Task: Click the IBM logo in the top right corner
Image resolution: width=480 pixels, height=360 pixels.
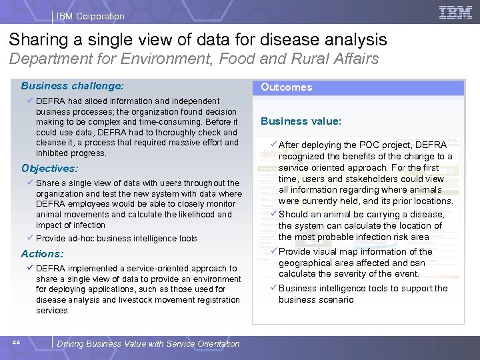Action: click(456, 13)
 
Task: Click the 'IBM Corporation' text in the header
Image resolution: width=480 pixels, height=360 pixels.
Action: click(91, 16)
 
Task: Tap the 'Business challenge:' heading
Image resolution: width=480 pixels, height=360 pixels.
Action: click(72, 86)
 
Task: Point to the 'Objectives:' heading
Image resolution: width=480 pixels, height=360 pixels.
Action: click(49, 169)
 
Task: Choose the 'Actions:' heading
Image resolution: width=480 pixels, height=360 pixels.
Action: click(42, 254)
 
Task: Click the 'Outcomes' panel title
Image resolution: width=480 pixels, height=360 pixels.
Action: click(286, 87)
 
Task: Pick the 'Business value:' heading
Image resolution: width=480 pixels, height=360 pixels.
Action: click(301, 121)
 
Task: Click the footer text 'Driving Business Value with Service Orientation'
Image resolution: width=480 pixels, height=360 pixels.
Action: click(148, 344)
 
